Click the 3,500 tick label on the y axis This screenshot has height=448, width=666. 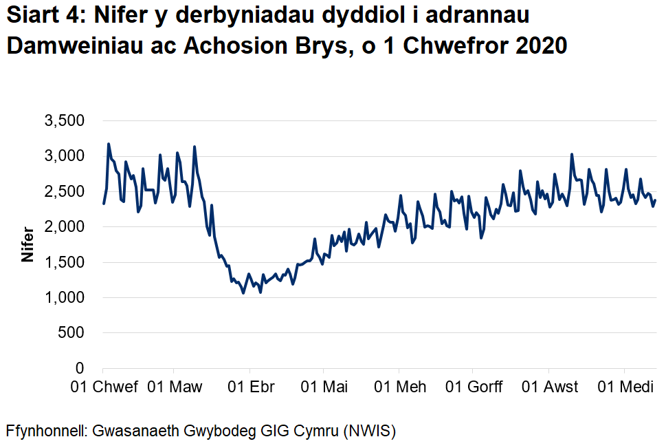tap(64, 122)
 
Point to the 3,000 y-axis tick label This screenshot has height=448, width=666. tap(64, 157)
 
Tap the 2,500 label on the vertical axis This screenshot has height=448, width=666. tap(64, 192)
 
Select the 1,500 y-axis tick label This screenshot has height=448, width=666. tap(64, 263)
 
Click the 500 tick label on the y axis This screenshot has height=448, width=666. tap(72, 333)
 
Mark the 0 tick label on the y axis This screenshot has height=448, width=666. tap(80, 369)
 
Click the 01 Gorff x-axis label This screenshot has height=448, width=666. tap(474, 387)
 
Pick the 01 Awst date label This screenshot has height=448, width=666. tap(550, 387)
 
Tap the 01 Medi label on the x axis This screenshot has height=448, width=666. tap(625, 387)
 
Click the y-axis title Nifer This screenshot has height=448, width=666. tap(28, 244)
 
